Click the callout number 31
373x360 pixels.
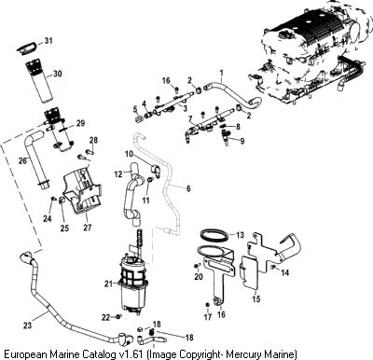click(48, 41)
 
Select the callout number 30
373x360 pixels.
click(58, 74)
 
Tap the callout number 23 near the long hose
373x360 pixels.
click(27, 325)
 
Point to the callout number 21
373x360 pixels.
click(108, 284)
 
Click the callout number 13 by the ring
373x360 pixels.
click(240, 235)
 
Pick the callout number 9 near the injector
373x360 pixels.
click(242, 141)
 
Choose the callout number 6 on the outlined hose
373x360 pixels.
click(188, 188)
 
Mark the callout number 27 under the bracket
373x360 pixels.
click(88, 228)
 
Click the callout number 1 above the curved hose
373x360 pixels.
click(222, 74)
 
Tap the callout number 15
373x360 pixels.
click(256, 299)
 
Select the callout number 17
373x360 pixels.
click(208, 317)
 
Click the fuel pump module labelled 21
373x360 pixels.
click(133, 282)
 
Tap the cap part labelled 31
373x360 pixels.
click(27, 48)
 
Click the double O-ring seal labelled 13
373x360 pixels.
click(214, 234)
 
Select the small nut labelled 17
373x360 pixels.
click(207, 304)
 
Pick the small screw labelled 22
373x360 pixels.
click(118, 316)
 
